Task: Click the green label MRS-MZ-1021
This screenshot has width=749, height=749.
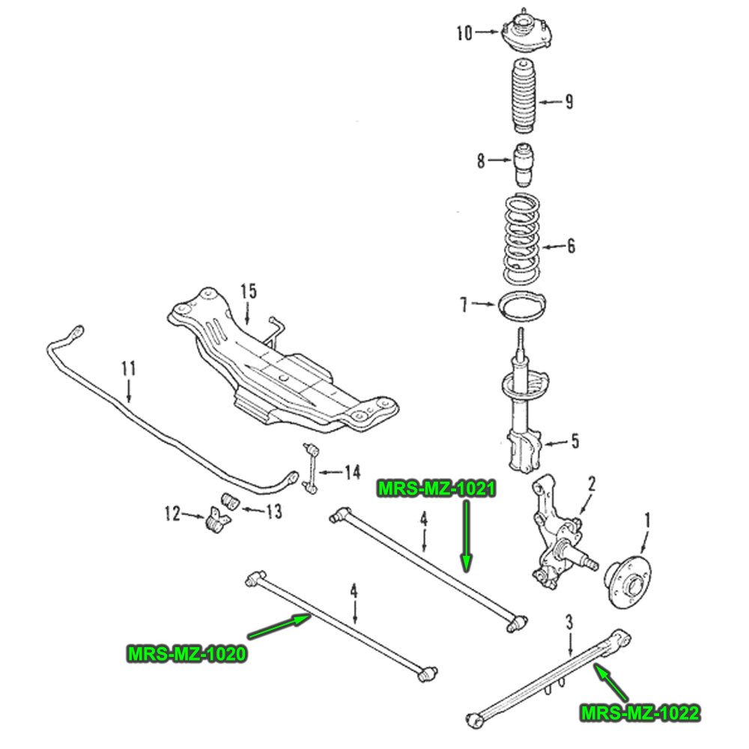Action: tap(437, 489)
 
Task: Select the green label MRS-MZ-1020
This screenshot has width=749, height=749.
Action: tap(187, 653)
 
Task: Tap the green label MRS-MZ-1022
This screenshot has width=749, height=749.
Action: tap(640, 712)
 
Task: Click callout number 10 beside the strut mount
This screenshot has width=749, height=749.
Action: tap(464, 32)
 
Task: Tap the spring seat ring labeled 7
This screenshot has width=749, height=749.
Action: tap(522, 307)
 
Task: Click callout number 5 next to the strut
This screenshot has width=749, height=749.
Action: tap(574, 441)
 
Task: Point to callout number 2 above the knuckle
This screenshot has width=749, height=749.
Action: tap(591, 484)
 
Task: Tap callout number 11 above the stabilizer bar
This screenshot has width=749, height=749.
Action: tap(128, 368)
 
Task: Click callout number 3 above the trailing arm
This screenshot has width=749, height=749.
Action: tap(569, 621)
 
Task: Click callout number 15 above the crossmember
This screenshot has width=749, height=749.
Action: tap(249, 291)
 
